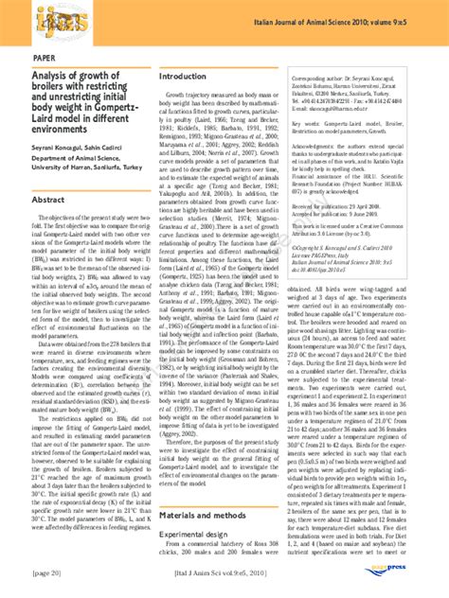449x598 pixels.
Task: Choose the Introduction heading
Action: (x=186, y=75)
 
